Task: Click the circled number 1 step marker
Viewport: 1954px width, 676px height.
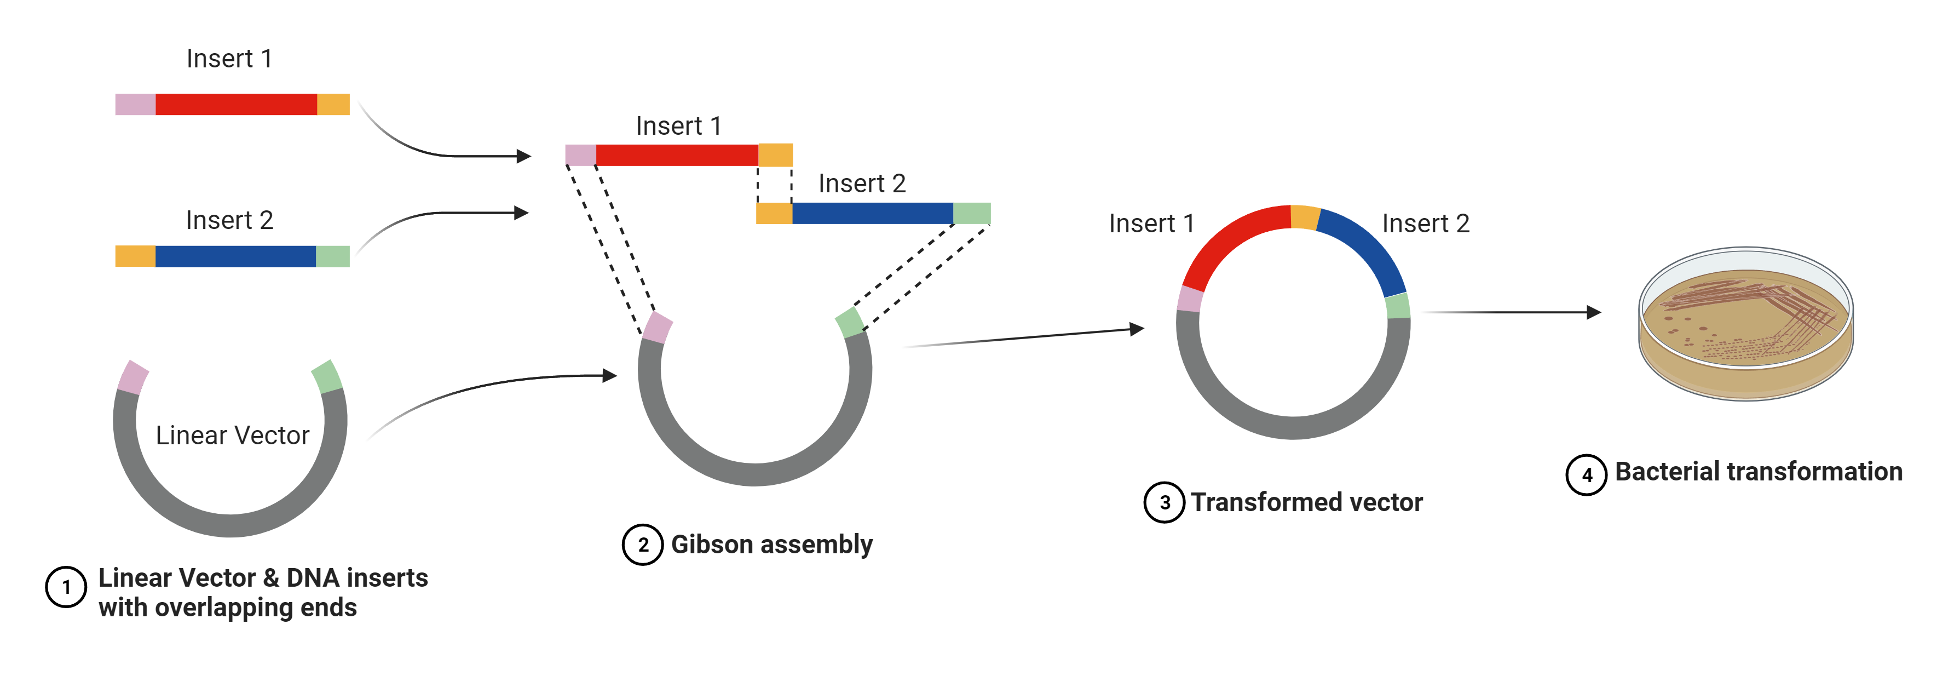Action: click(x=66, y=587)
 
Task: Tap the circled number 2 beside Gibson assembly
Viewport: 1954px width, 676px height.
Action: click(x=643, y=545)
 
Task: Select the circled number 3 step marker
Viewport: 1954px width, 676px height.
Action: click(x=1165, y=502)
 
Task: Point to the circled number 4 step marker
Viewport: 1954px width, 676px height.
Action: click(x=1586, y=475)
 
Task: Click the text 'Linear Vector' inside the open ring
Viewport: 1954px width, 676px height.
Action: click(x=232, y=436)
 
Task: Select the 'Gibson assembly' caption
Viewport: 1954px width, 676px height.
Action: click(x=771, y=545)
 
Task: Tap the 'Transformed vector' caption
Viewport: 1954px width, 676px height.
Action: click(x=1306, y=502)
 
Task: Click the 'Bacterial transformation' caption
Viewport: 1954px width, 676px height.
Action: click(x=1759, y=472)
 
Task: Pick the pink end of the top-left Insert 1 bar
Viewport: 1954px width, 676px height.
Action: click(x=135, y=105)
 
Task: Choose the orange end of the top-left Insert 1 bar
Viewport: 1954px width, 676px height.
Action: click(x=333, y=105)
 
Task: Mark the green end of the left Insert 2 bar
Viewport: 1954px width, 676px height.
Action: click(x=332, y=256)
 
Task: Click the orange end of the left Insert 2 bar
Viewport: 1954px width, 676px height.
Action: click(x=135, y=256)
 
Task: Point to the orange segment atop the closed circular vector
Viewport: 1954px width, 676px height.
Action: click(x=1305, y=217)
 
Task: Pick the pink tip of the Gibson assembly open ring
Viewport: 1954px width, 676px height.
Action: click(x=658, y=328)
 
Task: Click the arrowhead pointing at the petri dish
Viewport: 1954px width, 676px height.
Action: click(x=1594, y=312)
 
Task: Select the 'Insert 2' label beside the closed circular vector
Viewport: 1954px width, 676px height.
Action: click(x=1425, y=224)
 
